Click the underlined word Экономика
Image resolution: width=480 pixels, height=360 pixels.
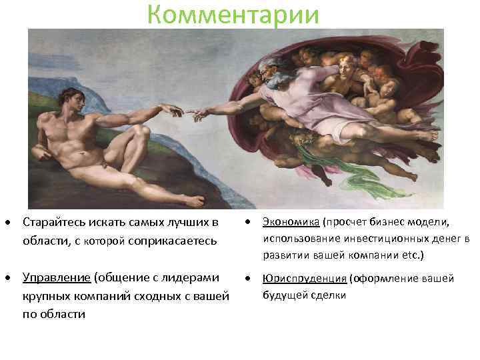(x=289, y=222)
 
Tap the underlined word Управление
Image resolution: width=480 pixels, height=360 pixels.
(x=56, y=277)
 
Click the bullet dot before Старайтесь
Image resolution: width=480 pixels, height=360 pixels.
(x=12, y=222)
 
